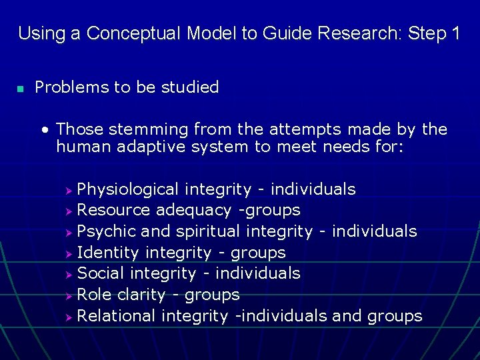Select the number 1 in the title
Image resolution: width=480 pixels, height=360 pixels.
455,33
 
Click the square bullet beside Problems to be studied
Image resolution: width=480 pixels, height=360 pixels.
21,89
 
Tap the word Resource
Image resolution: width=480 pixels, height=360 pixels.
113,211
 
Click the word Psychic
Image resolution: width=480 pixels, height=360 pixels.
105,231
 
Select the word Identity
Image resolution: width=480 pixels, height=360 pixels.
108,253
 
